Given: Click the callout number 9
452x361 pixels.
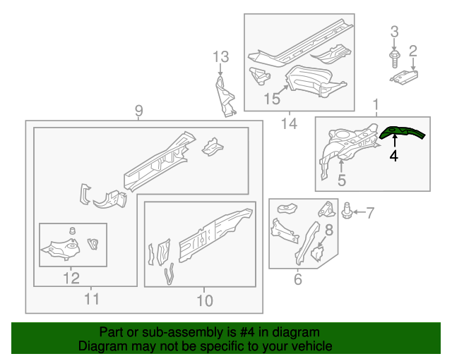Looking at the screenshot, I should coord(139,110).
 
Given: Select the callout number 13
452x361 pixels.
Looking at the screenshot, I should coord(220,56).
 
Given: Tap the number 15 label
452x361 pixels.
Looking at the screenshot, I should coord(272,98).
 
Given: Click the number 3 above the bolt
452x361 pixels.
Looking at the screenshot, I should coord(394,31).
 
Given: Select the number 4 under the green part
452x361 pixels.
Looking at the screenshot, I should coord(393,156).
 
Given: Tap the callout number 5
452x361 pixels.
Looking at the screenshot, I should coord(341,180).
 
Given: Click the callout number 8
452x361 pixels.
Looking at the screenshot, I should coord(328,228).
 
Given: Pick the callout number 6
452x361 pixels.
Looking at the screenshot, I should coord(297,280).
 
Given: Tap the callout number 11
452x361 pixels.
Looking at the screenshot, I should coord(92,300).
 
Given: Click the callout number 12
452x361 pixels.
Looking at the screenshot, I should coord(71,278).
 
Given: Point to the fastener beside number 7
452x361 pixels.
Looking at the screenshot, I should coord(347,210).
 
